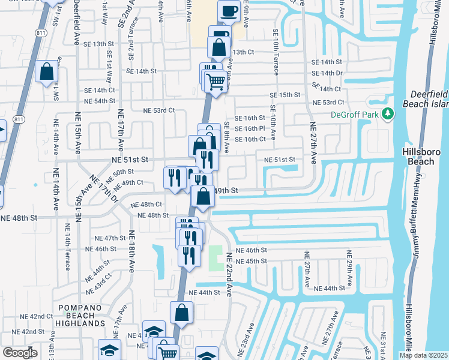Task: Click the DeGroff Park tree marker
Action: coord(388,113)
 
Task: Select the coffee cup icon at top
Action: coord(229,10)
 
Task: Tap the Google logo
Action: coord(19,353)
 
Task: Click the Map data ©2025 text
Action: coord(423,355)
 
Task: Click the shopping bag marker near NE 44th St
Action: coord(181,313)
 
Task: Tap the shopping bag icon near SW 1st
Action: coord(46,72)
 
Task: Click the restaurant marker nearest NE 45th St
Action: coord(189,256)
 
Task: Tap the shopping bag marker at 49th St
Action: coord(203,196)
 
